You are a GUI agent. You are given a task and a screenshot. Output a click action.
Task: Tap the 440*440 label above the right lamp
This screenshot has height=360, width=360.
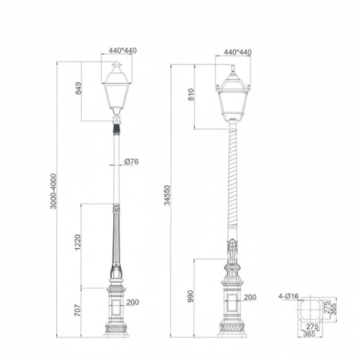point(234,53)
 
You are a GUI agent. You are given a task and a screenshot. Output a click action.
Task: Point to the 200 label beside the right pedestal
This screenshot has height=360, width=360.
point(250,298)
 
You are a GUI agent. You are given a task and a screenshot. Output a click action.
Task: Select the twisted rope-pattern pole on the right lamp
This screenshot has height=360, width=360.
point(229,187)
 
